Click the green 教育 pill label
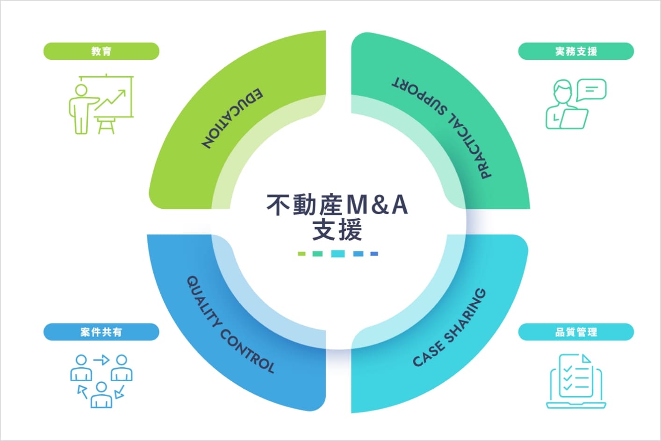pyautogui.click(x=101, y=51)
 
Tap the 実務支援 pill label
pyautogui.click(x=575, y=51)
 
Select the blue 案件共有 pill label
pyautogui.click(x=101, y=332)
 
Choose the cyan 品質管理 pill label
pyautogui.click(x=575, y=332)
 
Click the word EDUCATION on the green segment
pyautogui.click(x=232, y=119)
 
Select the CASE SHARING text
pyautogui.click(x=449, y=327)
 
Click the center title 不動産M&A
pyautogui.click(x=337, y=205)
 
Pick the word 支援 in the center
pyautogui.click(x=337, y=230)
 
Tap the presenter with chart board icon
pyautogui.click(x=101, y=104)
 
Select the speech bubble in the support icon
pyautogui.click(x=591, y=90)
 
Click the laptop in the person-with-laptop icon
pyautogui.click(x=574, y=119)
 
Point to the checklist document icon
pyautogui.click(x=576, y=381)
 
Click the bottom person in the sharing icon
pyautogui.click(x=101, y=395)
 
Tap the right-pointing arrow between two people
pyautogui.click(x=101, y=360)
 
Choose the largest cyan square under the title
pyautogui.click(x=338, y=254)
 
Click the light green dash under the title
pyautogui.click(x=302, y=254)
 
